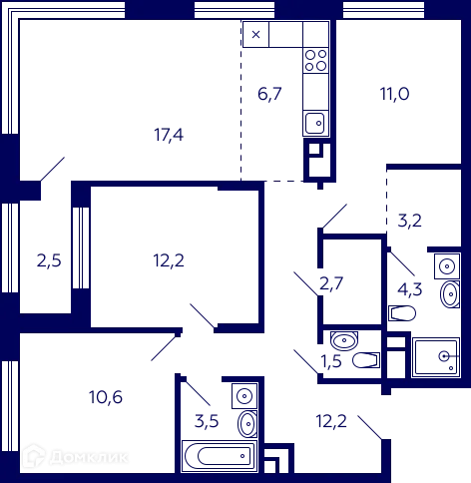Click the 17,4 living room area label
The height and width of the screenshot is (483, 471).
169,135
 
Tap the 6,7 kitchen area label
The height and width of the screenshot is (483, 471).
269,94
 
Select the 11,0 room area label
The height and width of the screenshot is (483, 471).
395,94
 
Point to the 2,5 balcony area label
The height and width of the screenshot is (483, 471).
49,260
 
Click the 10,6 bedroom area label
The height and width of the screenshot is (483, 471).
106,397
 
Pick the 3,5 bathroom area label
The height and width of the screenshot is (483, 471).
207,421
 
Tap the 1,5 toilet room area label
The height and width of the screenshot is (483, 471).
331,361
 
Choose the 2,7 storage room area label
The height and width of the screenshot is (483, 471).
331,283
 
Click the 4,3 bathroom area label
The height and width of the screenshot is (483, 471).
410,289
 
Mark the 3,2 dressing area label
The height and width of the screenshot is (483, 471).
410,221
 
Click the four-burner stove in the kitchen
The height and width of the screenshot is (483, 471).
315,60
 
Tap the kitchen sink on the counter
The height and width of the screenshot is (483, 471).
315,124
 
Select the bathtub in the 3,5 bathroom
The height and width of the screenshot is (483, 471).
220,456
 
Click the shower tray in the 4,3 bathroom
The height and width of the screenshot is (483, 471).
436,357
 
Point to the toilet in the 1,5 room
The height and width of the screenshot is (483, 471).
366,360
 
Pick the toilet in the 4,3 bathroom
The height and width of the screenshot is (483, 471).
402,313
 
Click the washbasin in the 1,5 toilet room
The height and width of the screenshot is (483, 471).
344,340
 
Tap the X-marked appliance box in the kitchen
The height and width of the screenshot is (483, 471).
255,34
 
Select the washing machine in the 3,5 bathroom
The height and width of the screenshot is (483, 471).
244,396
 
